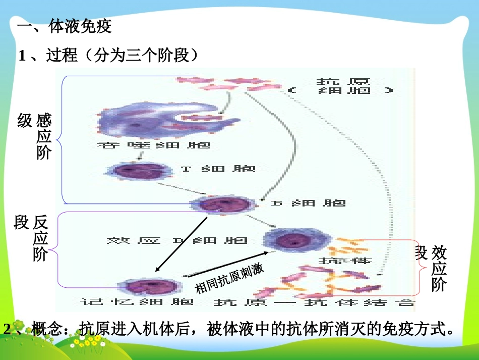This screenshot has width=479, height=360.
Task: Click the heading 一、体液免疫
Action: coord(64,26)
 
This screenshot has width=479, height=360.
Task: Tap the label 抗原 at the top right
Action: coord(343,81)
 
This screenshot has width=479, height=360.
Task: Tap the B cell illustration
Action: coord(220,205)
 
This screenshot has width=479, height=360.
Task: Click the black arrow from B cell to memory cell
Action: coord(182,244)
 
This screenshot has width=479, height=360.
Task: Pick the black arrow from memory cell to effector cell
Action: coord(224,263)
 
